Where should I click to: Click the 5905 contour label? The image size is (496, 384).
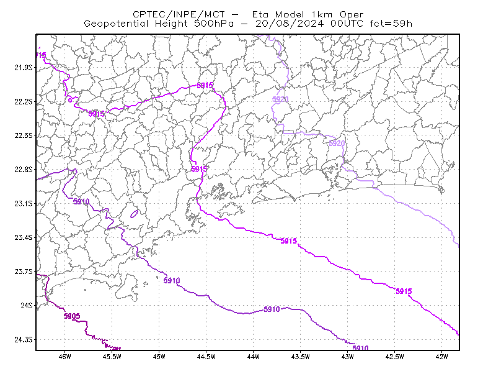coord(72,316)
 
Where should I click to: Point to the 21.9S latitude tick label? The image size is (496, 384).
coord(24,68)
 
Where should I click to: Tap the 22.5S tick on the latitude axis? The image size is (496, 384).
coord(24,135)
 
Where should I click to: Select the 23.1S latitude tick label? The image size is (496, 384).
coord(24,203)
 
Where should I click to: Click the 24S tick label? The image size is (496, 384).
coord(27,305)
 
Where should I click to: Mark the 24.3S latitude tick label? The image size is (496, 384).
coord(24,339)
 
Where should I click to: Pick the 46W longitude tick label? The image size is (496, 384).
coord(65,357)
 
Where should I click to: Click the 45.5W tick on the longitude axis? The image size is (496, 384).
coord(112,357)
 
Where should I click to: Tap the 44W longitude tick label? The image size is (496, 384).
coord(253,357)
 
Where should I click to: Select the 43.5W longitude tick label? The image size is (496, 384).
coord(300,357)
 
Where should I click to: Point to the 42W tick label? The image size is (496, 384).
coord(441,357)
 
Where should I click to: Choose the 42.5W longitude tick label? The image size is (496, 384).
coord(394,357)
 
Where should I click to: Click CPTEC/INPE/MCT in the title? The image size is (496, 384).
coord(179,14)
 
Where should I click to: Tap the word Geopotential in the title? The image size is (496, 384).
coord(116,24)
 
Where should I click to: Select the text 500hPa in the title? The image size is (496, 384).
coord(214,24)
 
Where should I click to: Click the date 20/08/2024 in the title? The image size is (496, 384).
coord(290,24)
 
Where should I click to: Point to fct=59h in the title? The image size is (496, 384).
coord(391,24)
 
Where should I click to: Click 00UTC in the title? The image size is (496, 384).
coord(347,24)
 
